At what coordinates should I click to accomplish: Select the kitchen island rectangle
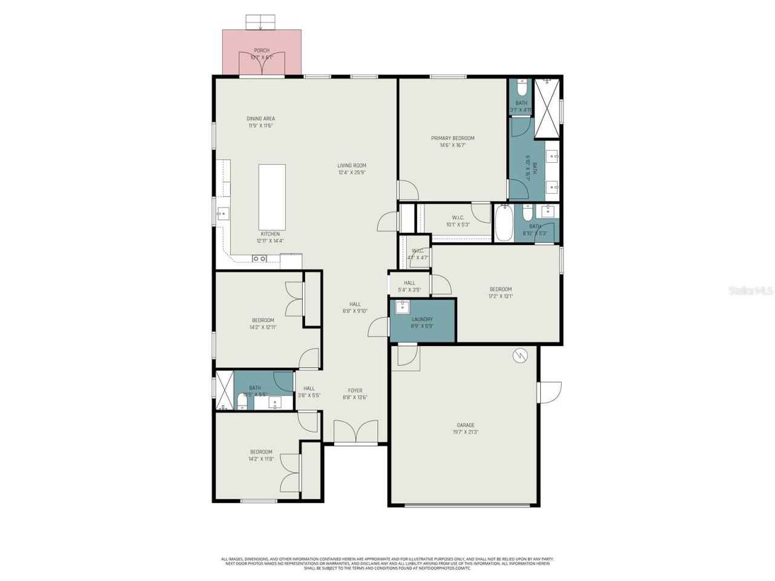[x=271, y=194]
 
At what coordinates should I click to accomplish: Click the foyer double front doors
[x=357, y=433]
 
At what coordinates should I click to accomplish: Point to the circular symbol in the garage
[x=520, y=356]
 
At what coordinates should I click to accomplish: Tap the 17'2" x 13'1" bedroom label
[x=501, y=293]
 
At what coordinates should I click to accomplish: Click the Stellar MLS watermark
[x=750, y=291]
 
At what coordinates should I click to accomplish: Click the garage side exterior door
[x=550, y=392]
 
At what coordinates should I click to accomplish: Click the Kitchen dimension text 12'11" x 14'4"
[x=270, y=241]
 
